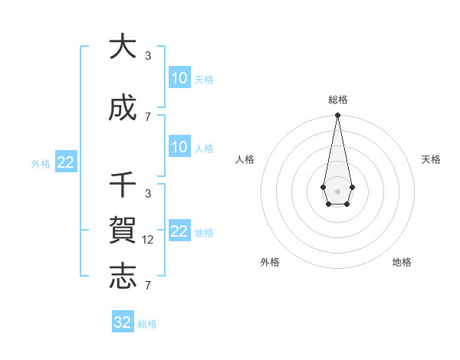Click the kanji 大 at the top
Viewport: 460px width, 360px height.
pyautogui.click(x=123, y=47)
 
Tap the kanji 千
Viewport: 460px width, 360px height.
pyautogui.click(x=123, y=185)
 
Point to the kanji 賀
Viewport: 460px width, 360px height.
pyautogui.click(x=123, y=230)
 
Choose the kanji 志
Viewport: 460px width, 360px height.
pyautogui.click(x=123, y=277)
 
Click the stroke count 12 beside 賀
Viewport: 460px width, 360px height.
pyautogui.click(x=148, y=239)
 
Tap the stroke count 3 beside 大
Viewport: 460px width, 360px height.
pyautogui.click(x=148, y=56)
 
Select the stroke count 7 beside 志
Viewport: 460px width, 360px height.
pyautogui.click(x=148, y=286)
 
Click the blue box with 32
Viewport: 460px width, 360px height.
pyautogui.click(x=123, y=322)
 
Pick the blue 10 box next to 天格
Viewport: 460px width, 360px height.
pyautogui.click(x=179, y=78)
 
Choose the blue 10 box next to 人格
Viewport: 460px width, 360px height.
pyautogui.click(x=179, y=147)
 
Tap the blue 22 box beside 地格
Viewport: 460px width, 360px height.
pyautogui.click(x=179, y=231)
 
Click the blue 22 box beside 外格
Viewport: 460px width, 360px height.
pyautogui.click(x=66, y=162)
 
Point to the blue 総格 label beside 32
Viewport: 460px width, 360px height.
pyautogui.click(x=147, y=324)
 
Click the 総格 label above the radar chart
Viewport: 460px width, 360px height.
pyautogui.click(x=337, y=100)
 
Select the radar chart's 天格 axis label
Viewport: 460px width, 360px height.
pyautogui.click(x=431, y=159)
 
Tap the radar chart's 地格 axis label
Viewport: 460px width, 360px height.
pyautogui.click(x=402, y=262)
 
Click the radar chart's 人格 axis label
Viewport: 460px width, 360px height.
pyautogui.click(x=245, y=159)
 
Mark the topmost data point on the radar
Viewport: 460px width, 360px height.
pyautogui.click(x=337, y=116)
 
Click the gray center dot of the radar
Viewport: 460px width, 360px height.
pyautogui.click(x=337, y=191)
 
